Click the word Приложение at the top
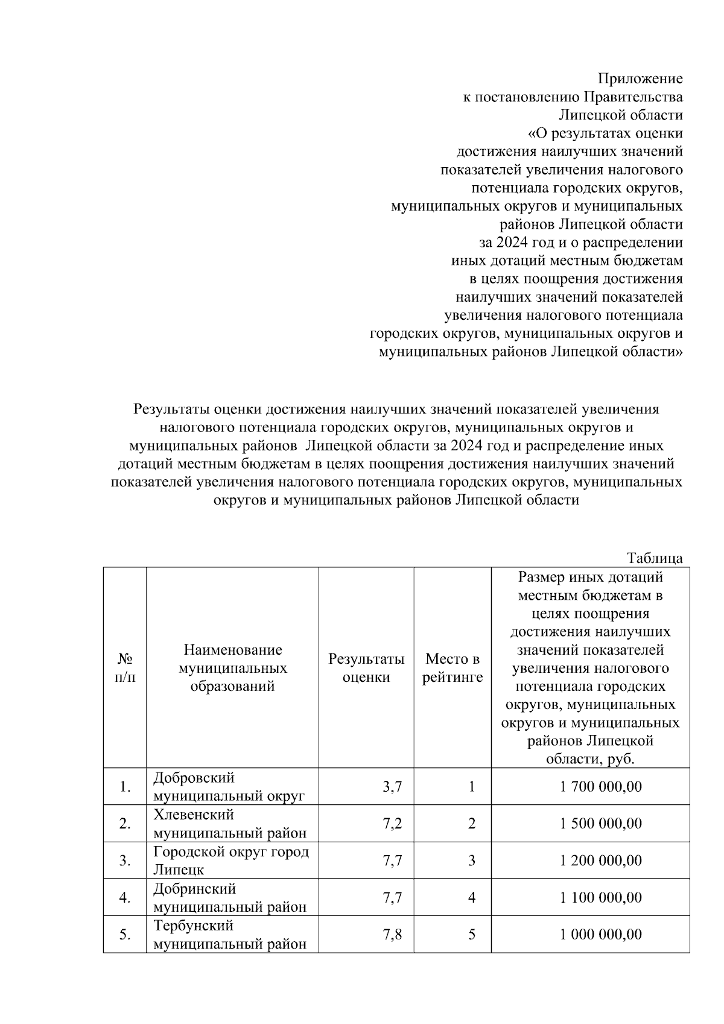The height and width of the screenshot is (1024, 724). pos(640,78)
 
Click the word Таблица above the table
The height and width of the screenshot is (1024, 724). pos(655,558)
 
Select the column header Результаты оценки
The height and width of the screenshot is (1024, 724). pos(366,667)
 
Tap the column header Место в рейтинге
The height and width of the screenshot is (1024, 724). pos(453,667)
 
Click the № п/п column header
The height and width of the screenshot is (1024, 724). pos(125,667)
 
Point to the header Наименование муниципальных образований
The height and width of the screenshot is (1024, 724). pos(232,667)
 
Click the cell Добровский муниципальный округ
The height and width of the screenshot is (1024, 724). pos(229,787)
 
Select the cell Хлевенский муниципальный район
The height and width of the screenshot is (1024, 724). pos(229,824)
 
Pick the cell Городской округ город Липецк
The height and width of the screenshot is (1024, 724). pos(230,860)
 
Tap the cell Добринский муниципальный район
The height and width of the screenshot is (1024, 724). pos(229,897)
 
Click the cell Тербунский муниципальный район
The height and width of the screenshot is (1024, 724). pos(229,934)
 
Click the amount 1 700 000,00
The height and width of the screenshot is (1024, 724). pos(601,787)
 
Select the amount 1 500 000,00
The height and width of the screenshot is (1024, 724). pos(601,824)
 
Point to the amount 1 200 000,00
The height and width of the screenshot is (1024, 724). pos(601,860)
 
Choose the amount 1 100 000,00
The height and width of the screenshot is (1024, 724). pos(601,897)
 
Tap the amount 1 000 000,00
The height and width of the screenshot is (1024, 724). pos(601,934)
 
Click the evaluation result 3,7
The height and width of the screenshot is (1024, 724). pos(392,787)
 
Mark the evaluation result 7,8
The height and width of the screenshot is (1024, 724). pos(392,934)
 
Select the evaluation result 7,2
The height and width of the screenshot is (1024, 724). pos(392,824)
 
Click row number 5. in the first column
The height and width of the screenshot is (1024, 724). pos(125,935)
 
